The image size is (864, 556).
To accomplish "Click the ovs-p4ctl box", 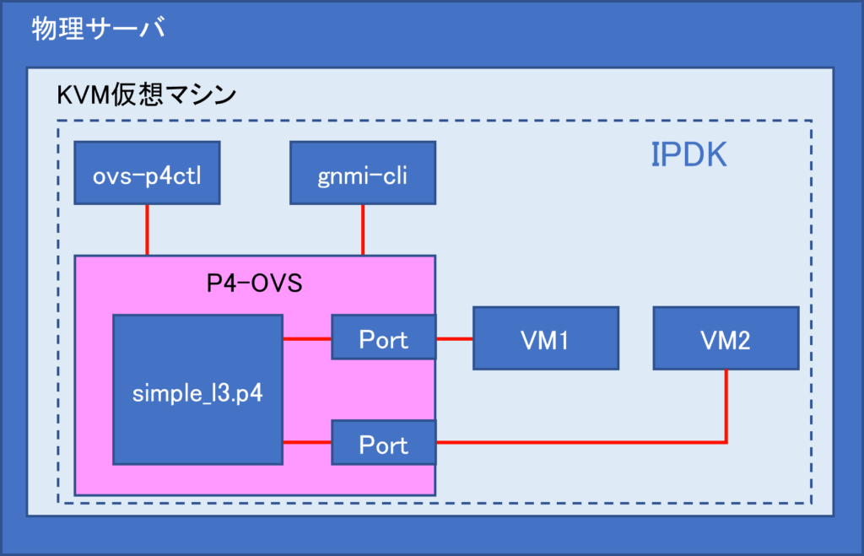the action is tap(147, 173).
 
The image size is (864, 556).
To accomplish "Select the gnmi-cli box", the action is tap(363, 173).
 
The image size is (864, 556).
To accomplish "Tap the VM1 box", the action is tap(546, 337).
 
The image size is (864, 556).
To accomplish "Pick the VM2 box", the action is tap(726, 337).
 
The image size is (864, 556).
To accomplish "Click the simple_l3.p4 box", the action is tap(197, 390).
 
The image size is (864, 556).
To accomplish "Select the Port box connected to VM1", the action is tap(384, 337).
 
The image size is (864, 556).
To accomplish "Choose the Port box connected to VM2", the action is tap(384, 442).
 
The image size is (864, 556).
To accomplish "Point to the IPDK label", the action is tap(688, 155).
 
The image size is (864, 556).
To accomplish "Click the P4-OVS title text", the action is tap(254, 283).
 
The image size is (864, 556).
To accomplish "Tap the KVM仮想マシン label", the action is tap(147, 94).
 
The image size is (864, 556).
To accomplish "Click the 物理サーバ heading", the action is tap(99, 28).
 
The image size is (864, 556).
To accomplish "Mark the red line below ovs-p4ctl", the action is tap(147, 229).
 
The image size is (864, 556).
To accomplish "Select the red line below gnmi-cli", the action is tap(363, 229).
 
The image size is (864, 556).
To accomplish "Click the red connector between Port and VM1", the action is tap(455, 339).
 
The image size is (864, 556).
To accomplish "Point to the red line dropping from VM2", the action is tap(726, 406).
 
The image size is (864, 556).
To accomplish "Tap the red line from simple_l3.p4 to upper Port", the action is tap(307, 339).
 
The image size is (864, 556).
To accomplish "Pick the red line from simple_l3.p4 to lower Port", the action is tap(307, 442).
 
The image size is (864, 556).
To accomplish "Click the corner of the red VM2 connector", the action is tap(726, 442).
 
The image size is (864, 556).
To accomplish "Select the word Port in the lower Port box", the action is tap(384, 445).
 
